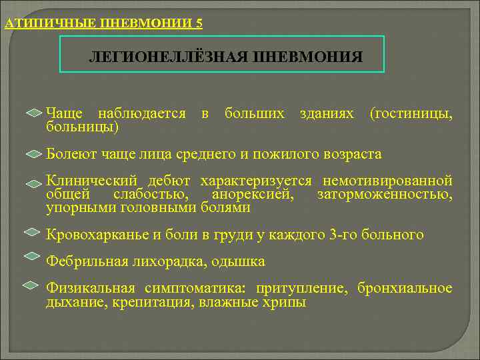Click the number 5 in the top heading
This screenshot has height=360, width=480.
tap(199, 24)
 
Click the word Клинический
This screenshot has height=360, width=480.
tap(91, 181)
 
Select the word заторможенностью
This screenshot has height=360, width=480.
tap(385, 195)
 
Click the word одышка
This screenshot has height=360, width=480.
tap(238, 261)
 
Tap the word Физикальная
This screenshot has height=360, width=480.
tap(91, 289)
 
